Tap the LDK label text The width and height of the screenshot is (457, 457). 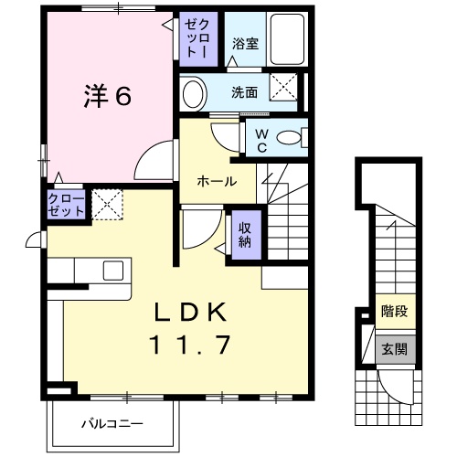click(189, 312)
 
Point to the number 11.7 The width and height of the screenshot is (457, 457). click(190, 345)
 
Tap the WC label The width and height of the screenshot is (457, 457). click(260, 140)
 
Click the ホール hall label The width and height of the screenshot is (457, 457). click(218, 181)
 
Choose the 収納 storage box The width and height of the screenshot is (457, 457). click(245, 236)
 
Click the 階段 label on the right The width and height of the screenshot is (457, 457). click(394, 311)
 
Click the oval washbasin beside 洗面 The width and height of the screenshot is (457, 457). click(194, 93)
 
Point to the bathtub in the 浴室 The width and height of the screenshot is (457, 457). click(286, 41)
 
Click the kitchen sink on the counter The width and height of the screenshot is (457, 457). click(113, 270)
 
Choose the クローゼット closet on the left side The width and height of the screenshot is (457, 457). click(67, 204)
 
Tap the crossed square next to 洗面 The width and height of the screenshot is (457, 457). click(284, 90)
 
